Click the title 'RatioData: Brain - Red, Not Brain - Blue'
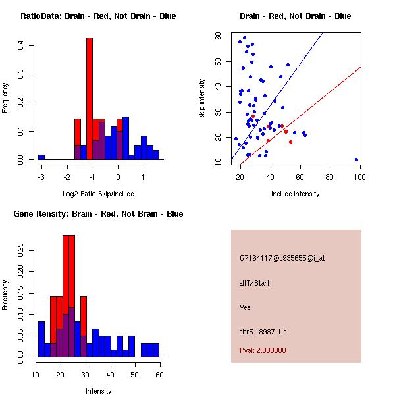[98, 16]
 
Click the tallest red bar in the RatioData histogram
[90, 99]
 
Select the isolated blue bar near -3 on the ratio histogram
[41, 157]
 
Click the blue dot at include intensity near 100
[356, 159]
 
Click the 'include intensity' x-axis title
[295, 194]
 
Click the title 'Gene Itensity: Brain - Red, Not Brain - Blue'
[98, 214]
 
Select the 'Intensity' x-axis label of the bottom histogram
[98, 391]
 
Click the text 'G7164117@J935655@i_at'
[282, 258]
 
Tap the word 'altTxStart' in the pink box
[254, 283]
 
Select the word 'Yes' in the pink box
[245, 307]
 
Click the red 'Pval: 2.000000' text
[263, 350]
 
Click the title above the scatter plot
[295, 16]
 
